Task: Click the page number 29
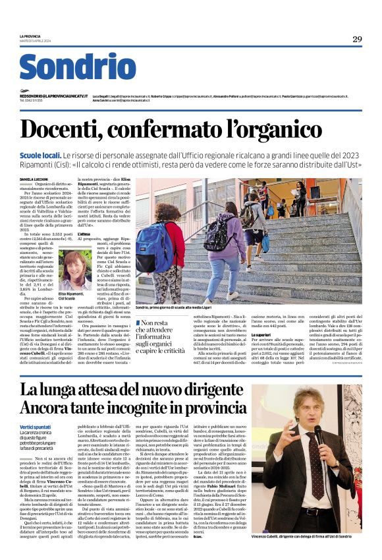(356, 39)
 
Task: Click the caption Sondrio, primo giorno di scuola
(176, 308)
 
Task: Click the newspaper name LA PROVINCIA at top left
(30, 36)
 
